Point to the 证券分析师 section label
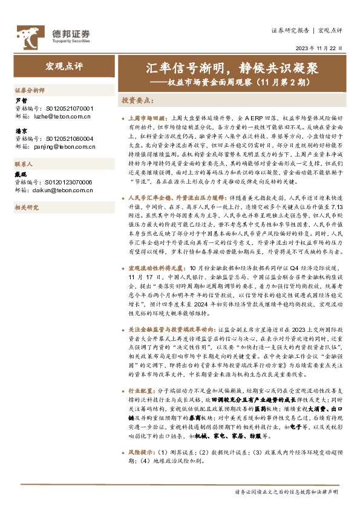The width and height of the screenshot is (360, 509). (30, 89)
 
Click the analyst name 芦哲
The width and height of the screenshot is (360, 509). (21, 100)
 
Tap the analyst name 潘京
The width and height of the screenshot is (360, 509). (21, 131)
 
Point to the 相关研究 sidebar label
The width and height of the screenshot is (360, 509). (27, 208)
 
